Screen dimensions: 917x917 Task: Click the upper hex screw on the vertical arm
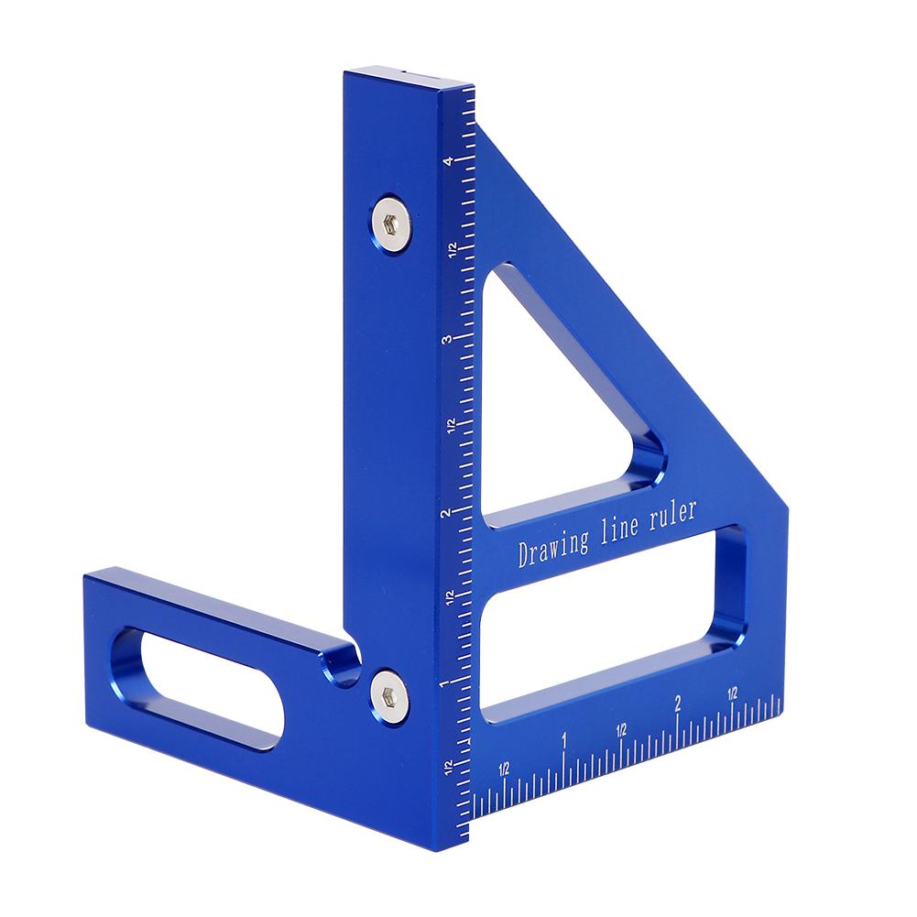[x=390, y=220]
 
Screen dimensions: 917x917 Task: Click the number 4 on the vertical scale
[x=447, y=162]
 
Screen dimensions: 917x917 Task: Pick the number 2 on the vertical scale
[x=446, y=514]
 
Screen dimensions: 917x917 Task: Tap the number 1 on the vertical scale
[x=445, y=683]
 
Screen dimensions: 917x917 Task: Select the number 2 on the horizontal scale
[x=678, y=704]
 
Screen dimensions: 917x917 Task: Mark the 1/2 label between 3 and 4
[x=451, y=250]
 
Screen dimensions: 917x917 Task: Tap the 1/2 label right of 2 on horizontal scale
[x=733, y=694]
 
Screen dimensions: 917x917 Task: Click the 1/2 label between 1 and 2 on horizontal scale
[x=621, y=729]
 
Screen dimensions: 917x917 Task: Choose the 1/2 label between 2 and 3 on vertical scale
[x=450, y=426]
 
